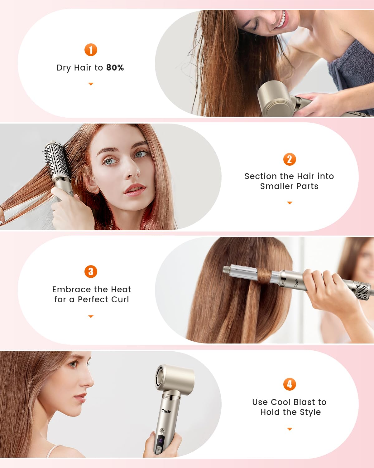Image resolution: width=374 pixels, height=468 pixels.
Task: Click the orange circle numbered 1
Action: pyautogui.click(x=91, y=50)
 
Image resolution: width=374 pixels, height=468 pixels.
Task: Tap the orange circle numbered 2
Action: pyautogui.click(x=290, y=159)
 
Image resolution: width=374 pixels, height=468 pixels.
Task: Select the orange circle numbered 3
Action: pyautogui.click(x=91, y=271)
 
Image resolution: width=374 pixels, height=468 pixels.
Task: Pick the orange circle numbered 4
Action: pyautogui.click(x=290, y=384)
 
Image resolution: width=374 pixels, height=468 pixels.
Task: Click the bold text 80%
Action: pyautogui.click(x=115, y=68)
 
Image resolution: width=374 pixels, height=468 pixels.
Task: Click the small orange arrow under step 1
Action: pyautogui.click(x=91, y=84)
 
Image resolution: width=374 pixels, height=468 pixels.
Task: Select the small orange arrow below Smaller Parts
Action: pyautogui.click(x=290, y=203)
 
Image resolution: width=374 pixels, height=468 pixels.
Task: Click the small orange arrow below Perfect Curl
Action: pyautogui.click(x=91, y=316)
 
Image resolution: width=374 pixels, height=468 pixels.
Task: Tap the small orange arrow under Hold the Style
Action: pyautogui.click(x=290, y=429)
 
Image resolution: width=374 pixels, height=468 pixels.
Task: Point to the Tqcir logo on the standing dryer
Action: pyautogui.click(x=166, y=411)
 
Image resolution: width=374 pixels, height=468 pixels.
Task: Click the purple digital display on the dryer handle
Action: pyautogui.click(x=161, y=441)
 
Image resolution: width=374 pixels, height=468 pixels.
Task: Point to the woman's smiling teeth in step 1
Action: pyautogui.click(x=281, y=21)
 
